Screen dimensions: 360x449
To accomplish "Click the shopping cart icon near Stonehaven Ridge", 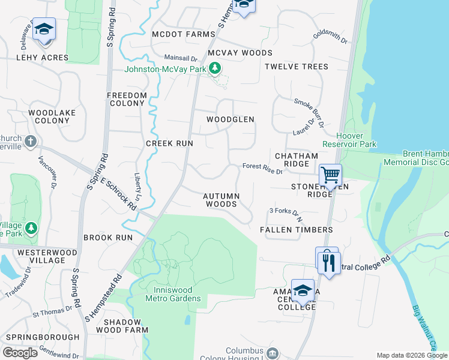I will pyautogui.click(x=330, y=175).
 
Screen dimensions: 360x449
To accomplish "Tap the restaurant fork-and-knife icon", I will pyautogui.click(x=329, y=263).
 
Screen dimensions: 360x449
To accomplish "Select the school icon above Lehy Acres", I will pyautogui.click(x=44, y=30).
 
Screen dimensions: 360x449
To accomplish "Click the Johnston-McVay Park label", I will pyautogui.click(x=164, y=69).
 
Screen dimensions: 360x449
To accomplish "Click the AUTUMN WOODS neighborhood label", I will pyautogui.click(x=221, y=200).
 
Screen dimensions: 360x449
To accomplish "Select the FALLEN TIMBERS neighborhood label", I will pyautogui.click(x=296, y=230).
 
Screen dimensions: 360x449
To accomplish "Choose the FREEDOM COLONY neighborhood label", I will pyautogui.click(x=127, y=99).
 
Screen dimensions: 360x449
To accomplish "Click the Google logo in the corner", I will pyautogui.click(x=20, y=352).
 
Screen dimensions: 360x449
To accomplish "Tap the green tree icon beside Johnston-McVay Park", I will pyautogui.click(x=213, y=69).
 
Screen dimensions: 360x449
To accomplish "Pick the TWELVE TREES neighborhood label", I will pyautogui.click(x=297, y=66).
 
